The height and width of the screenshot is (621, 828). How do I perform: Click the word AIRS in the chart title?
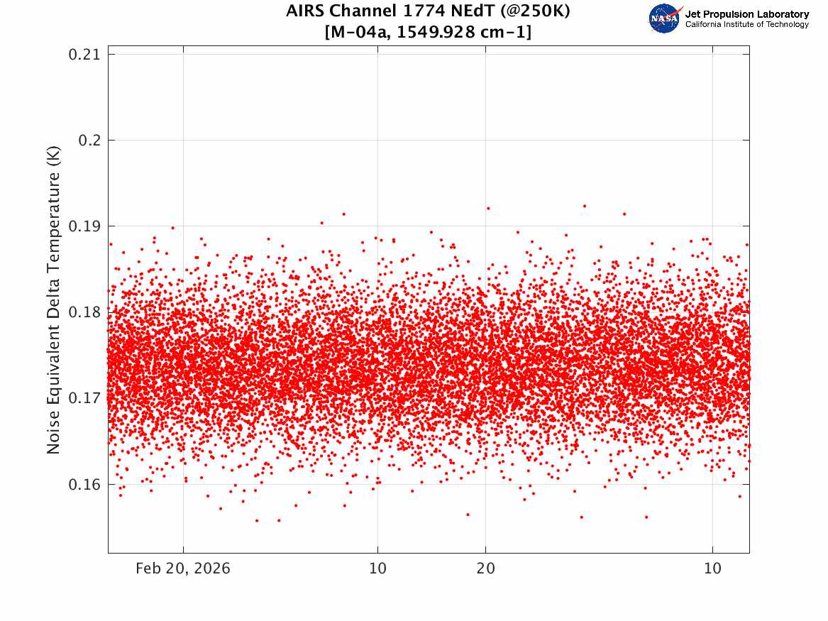pos(305,11)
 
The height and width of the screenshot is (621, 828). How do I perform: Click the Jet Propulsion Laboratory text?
pos(746,14)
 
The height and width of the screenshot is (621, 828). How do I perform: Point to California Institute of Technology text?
pos(746,24)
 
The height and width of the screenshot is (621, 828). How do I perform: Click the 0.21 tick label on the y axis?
pos(84,55)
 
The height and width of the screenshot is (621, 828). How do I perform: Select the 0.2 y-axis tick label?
pos(89,141)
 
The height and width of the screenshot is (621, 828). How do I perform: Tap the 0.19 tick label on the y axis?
pos(84,226)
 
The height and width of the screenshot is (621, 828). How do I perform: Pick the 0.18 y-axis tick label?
pos(84,312)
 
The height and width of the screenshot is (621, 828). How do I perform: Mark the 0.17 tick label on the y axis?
pos(84,398)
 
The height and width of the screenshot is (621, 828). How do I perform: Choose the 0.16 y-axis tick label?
pos(84,484)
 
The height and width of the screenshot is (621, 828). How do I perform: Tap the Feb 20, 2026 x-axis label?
pos(183,568)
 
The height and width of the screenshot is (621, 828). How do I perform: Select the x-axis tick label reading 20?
pos(486,568)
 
